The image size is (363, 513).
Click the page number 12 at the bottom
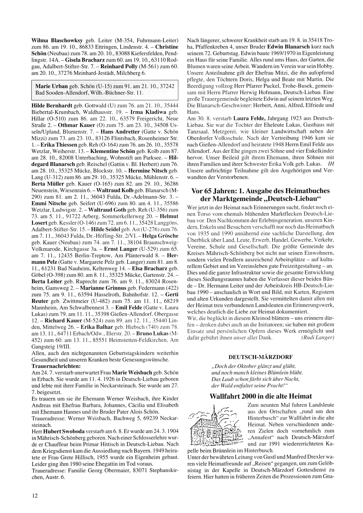(x=34, y=496)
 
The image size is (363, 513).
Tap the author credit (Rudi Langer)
(x=317, y=338)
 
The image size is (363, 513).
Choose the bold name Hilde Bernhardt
(x=52, y=105)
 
